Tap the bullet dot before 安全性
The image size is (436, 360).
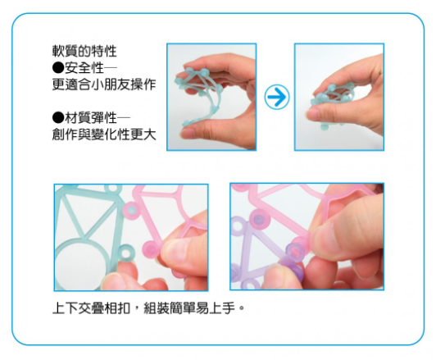[x=57, y=68]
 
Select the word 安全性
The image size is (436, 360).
[x=84, y=68]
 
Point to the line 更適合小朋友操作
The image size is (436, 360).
[x=103, y=84]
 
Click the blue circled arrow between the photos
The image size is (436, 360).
[x=278, y=98]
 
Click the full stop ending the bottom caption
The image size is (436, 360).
[x=243, y=312]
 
